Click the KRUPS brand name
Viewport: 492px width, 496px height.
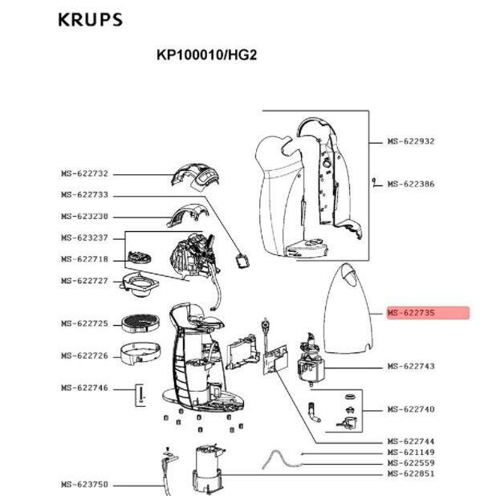pos(90,19)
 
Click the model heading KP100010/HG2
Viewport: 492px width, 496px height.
pos(206,56)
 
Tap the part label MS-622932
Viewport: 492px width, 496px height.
pos(410,141)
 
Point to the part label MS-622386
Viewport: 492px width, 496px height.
pos(410,184)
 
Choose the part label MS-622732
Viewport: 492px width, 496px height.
pos(84,173)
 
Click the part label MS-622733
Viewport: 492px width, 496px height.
pos(84,195)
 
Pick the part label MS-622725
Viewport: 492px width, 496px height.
pos(84,323)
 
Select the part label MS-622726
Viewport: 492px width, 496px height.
pos(84,356)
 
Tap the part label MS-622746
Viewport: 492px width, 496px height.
pos(84,388)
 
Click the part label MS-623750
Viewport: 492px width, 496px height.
pos(84,485)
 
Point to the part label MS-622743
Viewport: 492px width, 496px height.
pos(410,367)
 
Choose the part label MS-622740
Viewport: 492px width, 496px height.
pos(410,409)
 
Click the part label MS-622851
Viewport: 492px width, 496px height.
pos(410,474)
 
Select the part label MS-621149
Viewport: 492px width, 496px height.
pos(410,453)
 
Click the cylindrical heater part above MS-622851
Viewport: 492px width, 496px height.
pos(208,469)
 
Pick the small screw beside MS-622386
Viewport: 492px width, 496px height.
pos(375,184)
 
